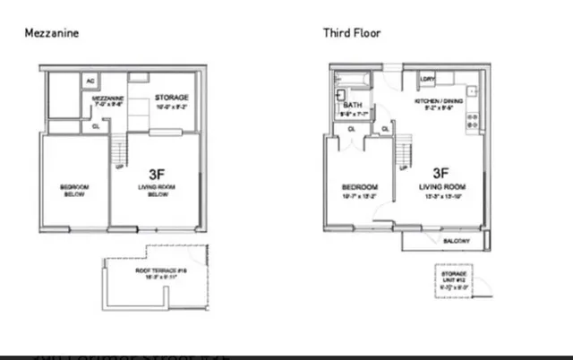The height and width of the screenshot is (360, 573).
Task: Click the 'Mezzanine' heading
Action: coord(50,33)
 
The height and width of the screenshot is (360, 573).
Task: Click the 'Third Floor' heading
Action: coord(352,33)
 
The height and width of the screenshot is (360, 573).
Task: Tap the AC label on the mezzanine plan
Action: coord(90,81)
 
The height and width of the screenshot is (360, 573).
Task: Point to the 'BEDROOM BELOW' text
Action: coord(73,191)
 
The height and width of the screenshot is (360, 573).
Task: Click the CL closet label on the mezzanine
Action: coord(97,126)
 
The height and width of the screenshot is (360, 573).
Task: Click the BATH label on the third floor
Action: coord(351,105)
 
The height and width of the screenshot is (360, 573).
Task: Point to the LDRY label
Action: coord(427,79)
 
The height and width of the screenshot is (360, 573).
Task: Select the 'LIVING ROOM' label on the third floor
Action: coord(440,187)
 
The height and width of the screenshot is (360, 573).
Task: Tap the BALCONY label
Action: coord(459,240)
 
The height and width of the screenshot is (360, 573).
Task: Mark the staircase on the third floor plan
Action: coord(404,146)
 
